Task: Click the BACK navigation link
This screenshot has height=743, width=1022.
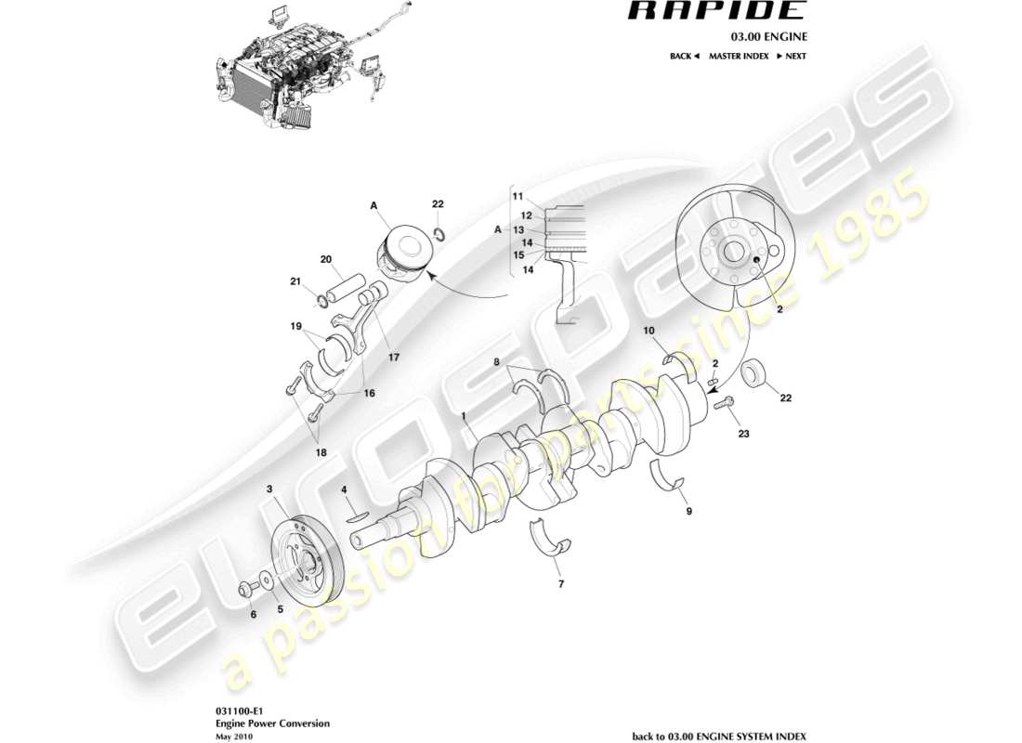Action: coord(684,57)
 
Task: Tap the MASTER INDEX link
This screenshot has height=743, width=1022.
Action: coord(738,57)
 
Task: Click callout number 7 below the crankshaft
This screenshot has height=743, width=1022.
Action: coord(560,585)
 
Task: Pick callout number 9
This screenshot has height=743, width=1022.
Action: coord(689,511)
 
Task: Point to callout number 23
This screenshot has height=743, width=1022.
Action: coord(742,433)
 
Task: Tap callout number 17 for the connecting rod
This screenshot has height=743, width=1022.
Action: coord(381,355)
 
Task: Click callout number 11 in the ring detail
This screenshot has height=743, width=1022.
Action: coord(518,196)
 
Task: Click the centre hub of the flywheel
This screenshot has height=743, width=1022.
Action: coord(733,250)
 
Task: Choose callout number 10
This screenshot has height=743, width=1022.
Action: coord(649,330)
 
